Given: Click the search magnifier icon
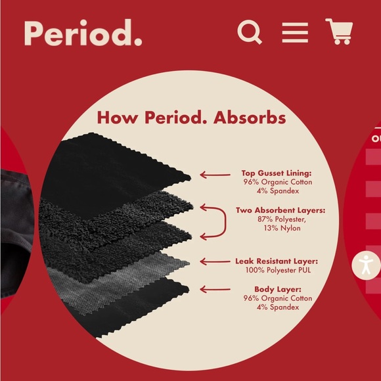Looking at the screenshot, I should coord(250,32).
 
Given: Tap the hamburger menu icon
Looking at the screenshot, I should coord(295,32).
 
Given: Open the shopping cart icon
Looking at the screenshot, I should coord(339,32).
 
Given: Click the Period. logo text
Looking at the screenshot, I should coord(83,33).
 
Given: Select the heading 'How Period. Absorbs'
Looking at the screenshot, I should coord(191,118).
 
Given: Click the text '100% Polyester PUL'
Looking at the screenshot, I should coord(276,269).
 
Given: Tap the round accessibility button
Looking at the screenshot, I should coord(366,265).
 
